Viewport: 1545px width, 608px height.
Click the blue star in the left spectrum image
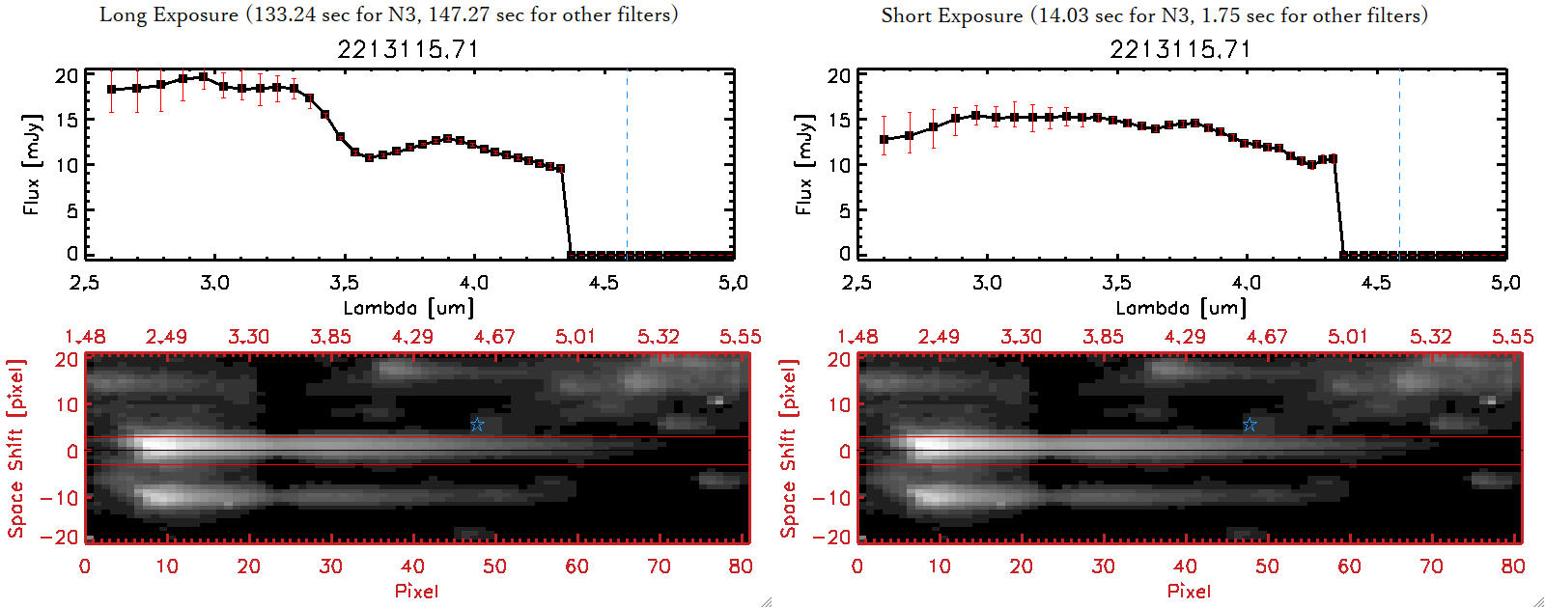477,425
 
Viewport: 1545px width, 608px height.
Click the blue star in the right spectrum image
1250,425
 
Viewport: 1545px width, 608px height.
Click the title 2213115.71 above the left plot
407,49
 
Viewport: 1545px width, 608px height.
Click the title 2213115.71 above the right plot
1180,49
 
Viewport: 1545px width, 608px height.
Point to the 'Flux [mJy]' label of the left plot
32,164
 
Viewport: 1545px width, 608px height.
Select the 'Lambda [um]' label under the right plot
1181,308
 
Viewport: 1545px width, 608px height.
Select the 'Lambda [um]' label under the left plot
408,308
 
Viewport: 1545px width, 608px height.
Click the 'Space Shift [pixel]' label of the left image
15,449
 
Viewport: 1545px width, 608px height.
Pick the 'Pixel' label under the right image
1189,591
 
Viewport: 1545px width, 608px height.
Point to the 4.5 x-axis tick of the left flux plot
604,283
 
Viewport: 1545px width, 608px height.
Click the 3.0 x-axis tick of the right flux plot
987,283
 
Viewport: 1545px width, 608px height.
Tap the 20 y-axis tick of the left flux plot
67,75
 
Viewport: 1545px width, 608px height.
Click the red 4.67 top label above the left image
493,337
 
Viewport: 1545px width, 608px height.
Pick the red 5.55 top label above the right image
1512,337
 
